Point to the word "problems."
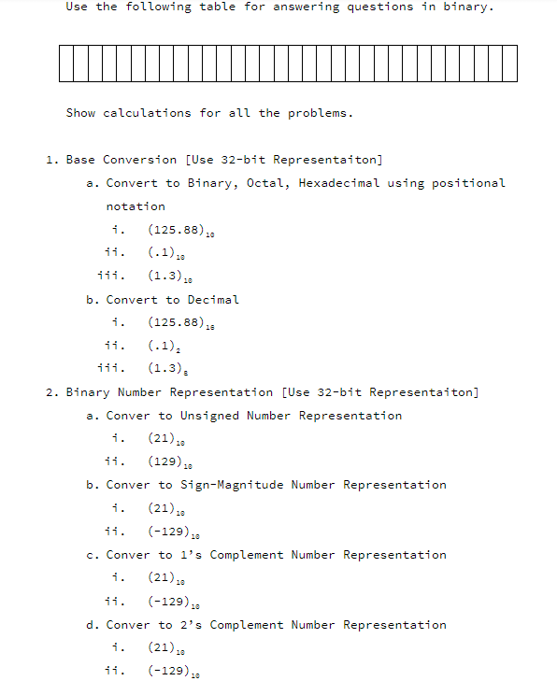point(321,113)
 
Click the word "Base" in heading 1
point(80,160)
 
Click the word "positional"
point(468,183)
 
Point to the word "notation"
point(136,206)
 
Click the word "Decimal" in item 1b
point(213,300)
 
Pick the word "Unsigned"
point(209,416)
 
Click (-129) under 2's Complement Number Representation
point(173,671)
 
